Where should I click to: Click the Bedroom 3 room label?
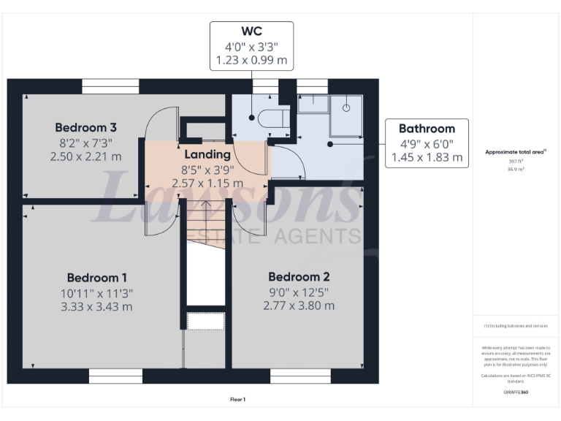(x=85, y=126)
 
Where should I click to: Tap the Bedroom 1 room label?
(x=97, y=278)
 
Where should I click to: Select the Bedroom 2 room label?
(x=299, y=277)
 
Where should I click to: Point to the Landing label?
(x=207, y=154)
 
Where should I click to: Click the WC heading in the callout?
(x=251, y=31)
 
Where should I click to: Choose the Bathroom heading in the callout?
(x=427, y=129)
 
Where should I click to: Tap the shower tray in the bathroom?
(x=346, y=115)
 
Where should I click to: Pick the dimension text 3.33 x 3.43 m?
(x=97, y=306)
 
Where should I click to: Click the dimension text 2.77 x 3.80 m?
(x=299, y=306)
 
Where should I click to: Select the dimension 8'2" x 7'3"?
(x=85, y=143)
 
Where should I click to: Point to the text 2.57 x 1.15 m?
(x=207, y=183)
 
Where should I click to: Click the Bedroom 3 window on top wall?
(x=110, y=86)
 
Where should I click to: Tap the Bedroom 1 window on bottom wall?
(x=116, y=376)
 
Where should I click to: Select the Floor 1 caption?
(x=237, y=399)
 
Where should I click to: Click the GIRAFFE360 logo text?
(x=516, y=392)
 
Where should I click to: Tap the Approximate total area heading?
(x=515, y=152)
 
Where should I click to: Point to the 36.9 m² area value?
(x=515, y=168)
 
